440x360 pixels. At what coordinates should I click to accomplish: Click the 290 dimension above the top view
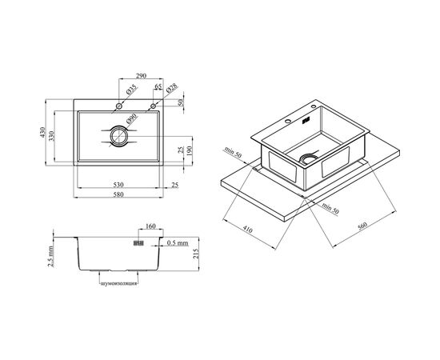coord(141,76)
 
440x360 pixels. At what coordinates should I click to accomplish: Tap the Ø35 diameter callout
coord(131,90)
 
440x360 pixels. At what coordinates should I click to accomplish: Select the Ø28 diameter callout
coord(171,88)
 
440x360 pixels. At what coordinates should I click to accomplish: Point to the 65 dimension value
coord(158,86)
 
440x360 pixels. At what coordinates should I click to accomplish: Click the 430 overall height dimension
coord(42,132)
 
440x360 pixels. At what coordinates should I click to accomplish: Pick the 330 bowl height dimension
coord(51,136)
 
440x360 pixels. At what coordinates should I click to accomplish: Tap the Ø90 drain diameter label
coord(131,118)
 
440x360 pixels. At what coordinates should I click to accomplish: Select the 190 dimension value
coord(189,150)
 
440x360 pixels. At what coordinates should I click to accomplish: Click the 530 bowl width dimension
coord(118,185)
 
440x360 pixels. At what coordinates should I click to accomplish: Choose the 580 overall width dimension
coord(118,194)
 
